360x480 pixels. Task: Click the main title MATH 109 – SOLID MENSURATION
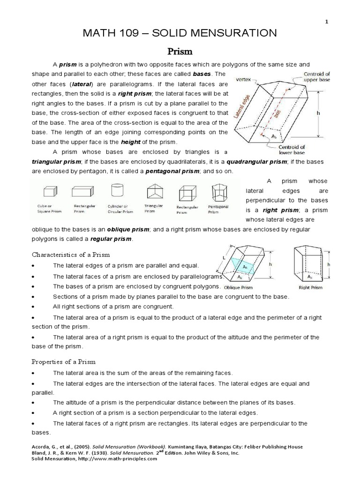pos(180,33)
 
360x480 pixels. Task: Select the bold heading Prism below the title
pos(180,51)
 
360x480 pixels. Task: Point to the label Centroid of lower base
pos(292,150)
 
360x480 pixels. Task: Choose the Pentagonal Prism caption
pos(218,209)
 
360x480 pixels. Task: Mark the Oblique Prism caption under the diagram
pos(238,287)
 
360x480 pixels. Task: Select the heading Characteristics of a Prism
pos(71,255)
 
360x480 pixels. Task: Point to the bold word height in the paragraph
pos(131,142)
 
